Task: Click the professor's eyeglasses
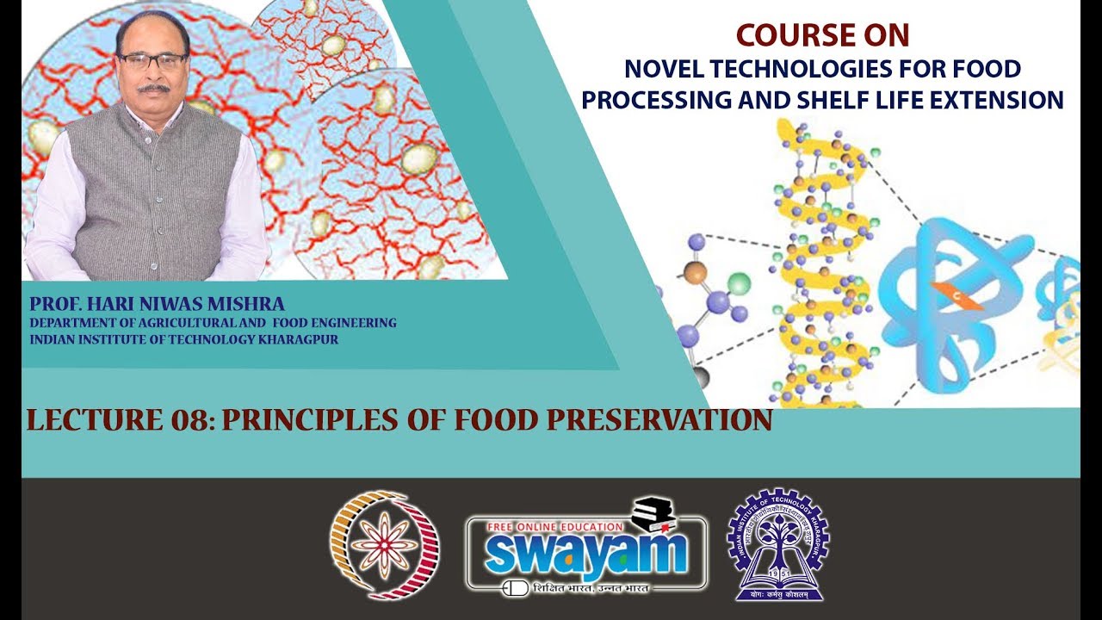152,61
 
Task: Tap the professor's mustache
154,87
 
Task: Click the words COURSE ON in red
822,35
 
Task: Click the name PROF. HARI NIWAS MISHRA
157,304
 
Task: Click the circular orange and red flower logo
384,544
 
